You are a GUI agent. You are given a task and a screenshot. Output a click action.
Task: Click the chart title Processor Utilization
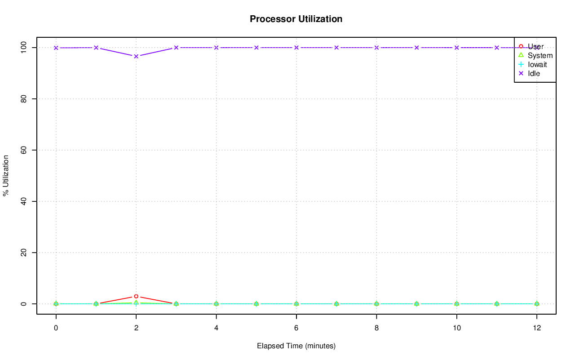tap(296, 19)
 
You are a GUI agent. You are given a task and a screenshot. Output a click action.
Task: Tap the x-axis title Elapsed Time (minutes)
tap(296, 346)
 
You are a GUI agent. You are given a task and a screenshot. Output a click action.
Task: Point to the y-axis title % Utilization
tap(6, 175)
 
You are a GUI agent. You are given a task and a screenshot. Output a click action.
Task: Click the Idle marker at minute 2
tap(136, 56)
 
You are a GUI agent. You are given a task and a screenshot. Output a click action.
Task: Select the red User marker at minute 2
tap(136, 296)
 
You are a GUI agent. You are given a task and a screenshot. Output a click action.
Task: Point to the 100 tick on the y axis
tap(25, 47)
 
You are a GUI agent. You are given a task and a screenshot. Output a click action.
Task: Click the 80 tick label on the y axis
tap(25, 99)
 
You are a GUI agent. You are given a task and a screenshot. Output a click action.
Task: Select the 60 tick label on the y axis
tap(25, 150)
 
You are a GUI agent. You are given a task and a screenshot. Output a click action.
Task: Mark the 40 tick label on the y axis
tap(25, 201)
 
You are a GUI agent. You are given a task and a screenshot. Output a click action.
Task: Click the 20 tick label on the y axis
tap(25, 253)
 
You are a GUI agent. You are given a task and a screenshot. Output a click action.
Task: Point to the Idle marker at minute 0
tap(56, 48)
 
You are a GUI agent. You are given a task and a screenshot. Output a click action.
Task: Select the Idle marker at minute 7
tap(336, 48)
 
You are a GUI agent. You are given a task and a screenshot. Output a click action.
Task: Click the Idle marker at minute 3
tap(176, 48)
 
